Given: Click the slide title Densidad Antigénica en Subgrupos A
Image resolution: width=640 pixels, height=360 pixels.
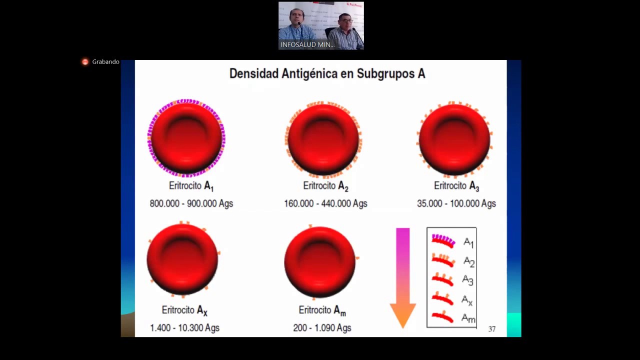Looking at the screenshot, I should (x=327, y=73).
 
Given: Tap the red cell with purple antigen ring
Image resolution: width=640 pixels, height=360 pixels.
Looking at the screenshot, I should (x=186, y=138).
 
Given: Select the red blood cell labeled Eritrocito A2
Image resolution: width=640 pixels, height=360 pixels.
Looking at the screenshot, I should (x=323, y=139).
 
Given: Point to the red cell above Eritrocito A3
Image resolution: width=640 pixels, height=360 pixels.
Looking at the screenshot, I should (x=454, y=139).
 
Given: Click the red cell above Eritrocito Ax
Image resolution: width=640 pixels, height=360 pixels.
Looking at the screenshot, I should (x=182, y=259).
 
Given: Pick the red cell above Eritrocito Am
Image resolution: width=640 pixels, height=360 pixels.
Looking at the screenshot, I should (x=320, y=261).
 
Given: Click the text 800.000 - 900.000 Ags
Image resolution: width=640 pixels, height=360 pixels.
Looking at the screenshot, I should (x=191, y=203).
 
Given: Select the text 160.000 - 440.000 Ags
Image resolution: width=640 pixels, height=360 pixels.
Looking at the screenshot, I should (x=325, y=203).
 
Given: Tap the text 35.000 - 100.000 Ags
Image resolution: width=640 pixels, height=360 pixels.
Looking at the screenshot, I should (x=456, y=203).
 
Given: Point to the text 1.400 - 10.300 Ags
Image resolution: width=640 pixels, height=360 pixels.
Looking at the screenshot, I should (x=184, y=328).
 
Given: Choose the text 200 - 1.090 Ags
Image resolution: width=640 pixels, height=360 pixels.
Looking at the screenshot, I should (x=322, y=328).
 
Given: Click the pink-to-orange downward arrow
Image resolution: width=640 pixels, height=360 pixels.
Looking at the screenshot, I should (x=402, y=278).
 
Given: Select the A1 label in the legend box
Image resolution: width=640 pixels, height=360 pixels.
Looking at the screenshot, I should (x=468, y=243).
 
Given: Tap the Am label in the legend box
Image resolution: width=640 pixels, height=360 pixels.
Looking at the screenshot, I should (x=468, y=318).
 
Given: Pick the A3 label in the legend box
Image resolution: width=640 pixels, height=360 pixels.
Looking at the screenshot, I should (x=467, y=280).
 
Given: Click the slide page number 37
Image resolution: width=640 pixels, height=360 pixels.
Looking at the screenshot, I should (x=492, y=329).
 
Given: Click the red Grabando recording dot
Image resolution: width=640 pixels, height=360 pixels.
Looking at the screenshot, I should (x=85, y=62).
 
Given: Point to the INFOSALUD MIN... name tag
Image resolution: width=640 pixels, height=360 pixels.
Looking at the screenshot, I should (x=307, y=44).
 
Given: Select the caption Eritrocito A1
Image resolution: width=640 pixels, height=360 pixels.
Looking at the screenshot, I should (x=191, y=186).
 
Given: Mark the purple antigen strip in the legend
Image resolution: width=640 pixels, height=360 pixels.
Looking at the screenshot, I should (x=443, y=240).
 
